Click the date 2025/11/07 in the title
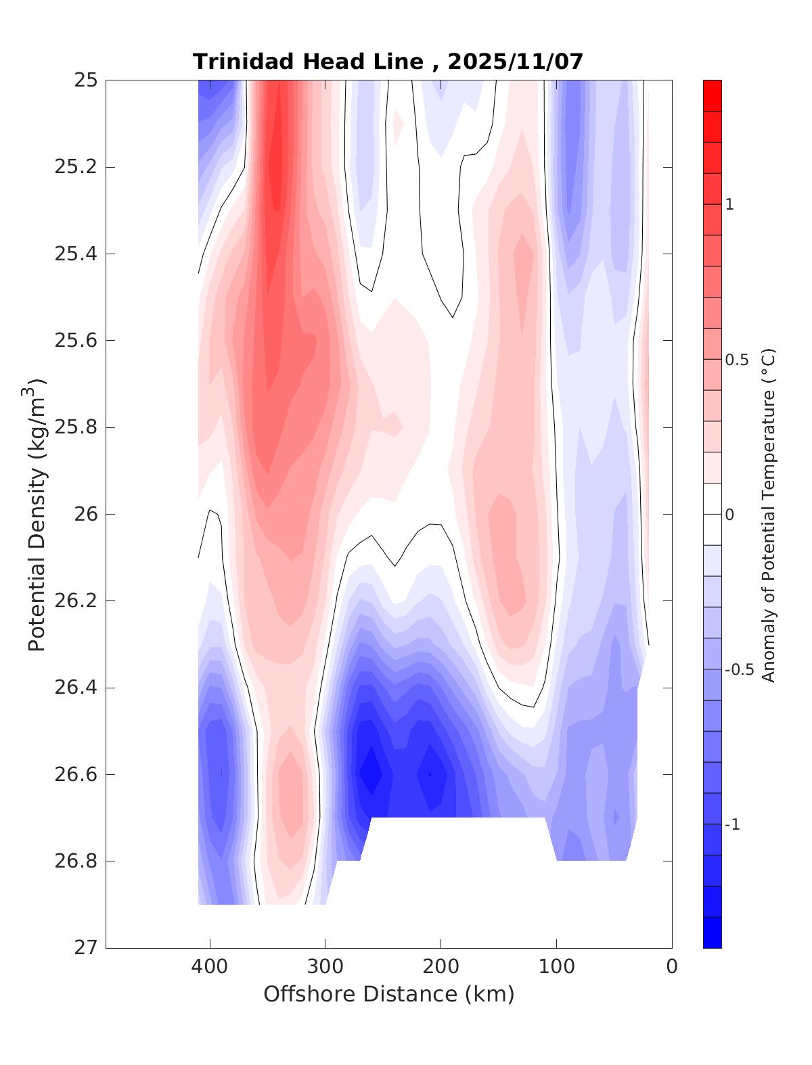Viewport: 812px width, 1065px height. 515,62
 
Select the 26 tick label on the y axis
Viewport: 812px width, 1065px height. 85,515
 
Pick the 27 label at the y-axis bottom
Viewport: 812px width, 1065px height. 85,948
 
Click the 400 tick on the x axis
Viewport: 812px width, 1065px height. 210,967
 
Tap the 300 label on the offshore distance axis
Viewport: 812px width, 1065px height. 325,967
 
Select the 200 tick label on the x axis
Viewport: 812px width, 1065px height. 441,967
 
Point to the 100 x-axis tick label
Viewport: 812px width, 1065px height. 557,967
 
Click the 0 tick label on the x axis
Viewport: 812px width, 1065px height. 672,967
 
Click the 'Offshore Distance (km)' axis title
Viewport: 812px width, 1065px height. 389,995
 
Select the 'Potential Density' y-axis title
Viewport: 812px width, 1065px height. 37,514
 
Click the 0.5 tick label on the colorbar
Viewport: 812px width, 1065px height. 737,360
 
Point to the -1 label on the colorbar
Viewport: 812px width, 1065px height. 732,825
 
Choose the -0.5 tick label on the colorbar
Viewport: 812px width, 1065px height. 740,670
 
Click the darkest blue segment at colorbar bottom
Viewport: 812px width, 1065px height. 712,932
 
